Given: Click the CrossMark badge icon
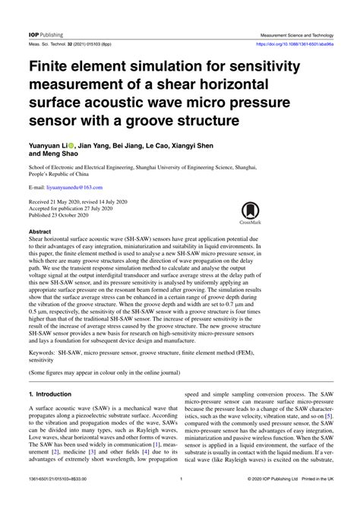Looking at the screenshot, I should (x=250, y=213).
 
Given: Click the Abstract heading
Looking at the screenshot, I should (x=39, y=230).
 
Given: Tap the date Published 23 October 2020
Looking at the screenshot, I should (x=64, y=215).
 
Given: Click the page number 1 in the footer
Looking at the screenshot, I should (x=180, y=499).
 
